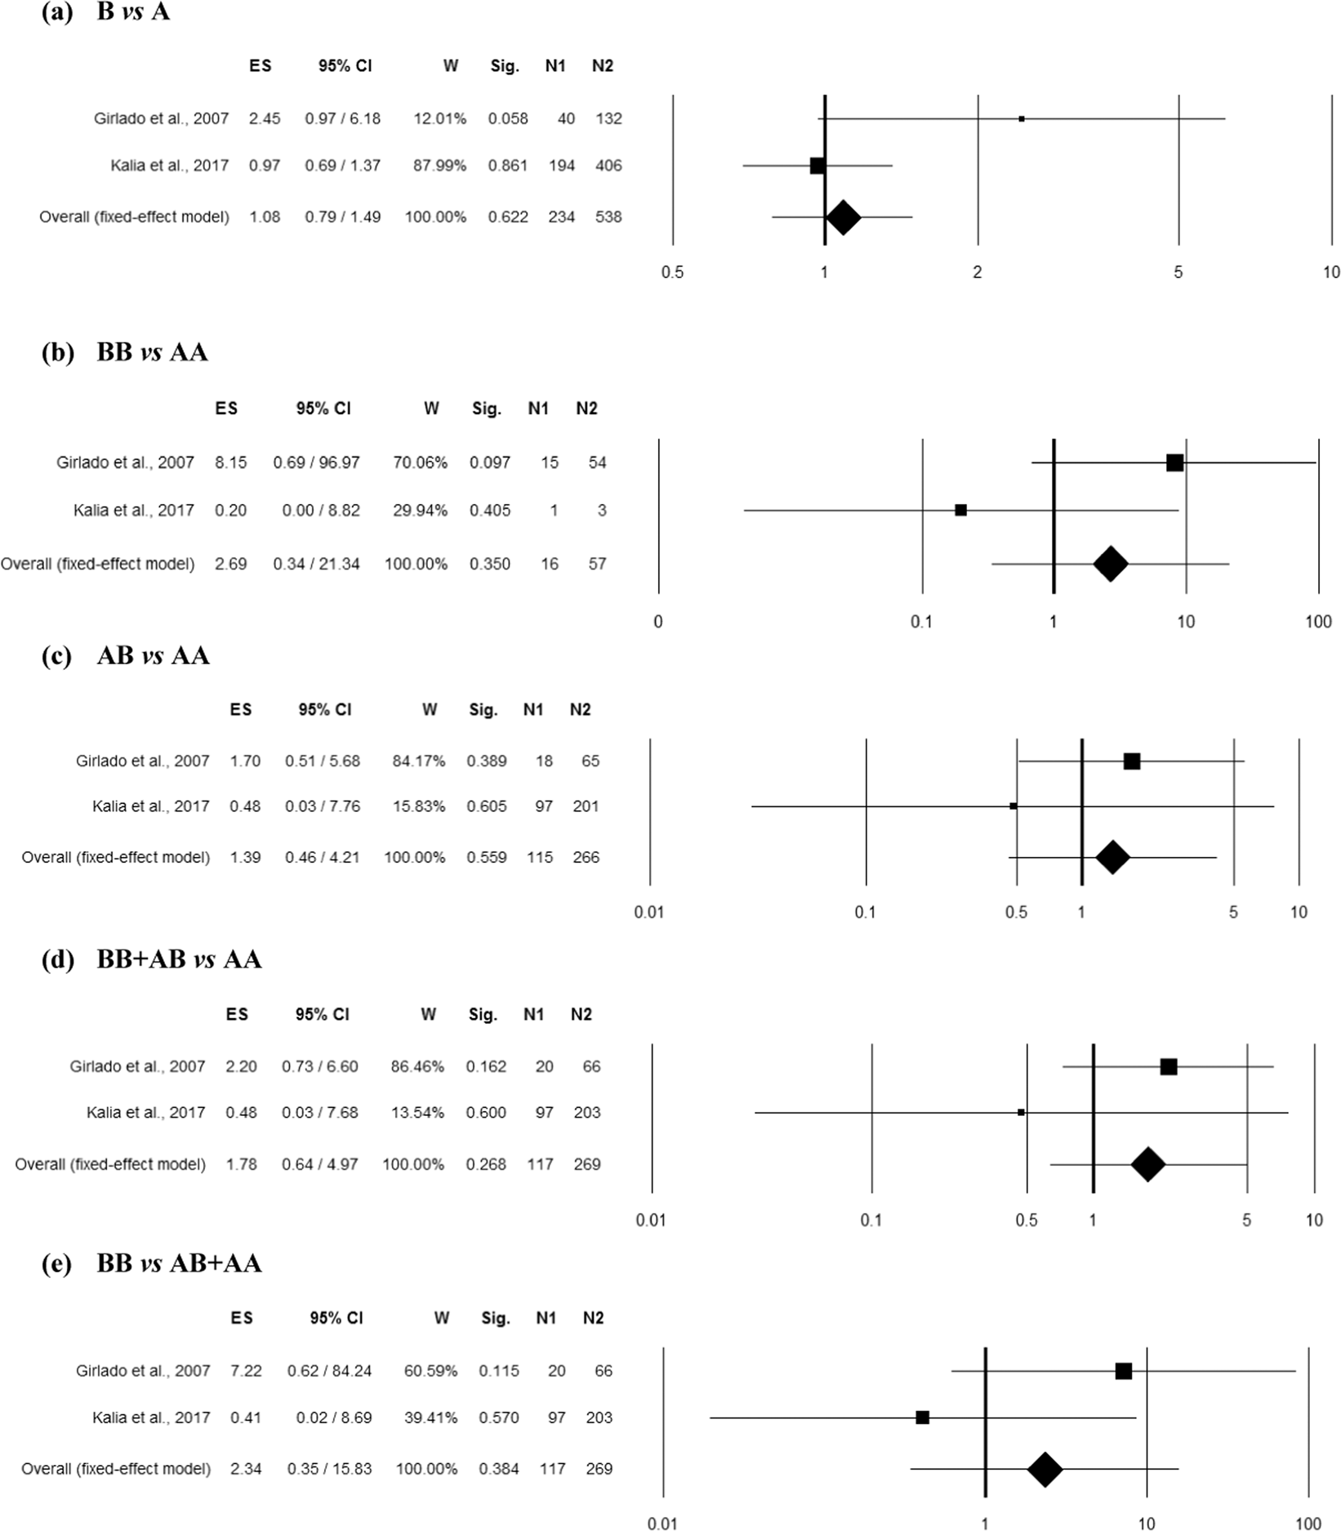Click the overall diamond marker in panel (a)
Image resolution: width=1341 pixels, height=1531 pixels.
click(844, 217)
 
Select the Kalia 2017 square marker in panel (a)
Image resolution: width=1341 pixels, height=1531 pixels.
click(817, 166)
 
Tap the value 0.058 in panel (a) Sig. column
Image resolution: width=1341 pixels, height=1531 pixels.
click(508, 118)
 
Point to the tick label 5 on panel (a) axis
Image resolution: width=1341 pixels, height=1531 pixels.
click(1178, 272)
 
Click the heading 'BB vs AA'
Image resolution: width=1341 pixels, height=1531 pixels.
click(152, 352)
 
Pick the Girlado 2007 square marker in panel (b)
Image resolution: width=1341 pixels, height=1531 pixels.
click(1174, 463)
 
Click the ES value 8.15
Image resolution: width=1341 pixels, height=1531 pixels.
click(230, 462)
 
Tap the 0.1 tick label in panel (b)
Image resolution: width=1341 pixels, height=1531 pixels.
click(921, 622)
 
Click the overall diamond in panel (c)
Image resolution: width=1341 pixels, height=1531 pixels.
click(1112, 857)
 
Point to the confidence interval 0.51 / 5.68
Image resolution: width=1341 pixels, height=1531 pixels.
click(323, 761)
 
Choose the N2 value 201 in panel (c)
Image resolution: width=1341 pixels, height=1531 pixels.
click(586, 806)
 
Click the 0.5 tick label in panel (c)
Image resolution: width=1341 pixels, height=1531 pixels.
click(1016, 912)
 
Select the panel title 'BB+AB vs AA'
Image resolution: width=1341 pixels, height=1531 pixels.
click(179, 958)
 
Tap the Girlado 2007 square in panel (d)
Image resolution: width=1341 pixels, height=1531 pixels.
click(1168, 1067)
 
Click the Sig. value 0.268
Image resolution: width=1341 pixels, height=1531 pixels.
click(486, 1164)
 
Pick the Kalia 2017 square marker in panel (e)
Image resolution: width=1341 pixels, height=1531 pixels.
click(922, 1417)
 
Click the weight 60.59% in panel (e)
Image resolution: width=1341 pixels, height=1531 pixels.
click(430, 1371)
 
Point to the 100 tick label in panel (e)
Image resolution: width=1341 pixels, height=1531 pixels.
click(1308, 1524)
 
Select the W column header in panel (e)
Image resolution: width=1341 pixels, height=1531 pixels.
click(441, 1318)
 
